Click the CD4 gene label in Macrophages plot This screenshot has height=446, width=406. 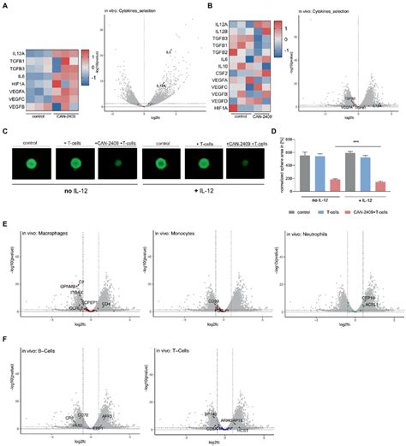click(105, 303)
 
